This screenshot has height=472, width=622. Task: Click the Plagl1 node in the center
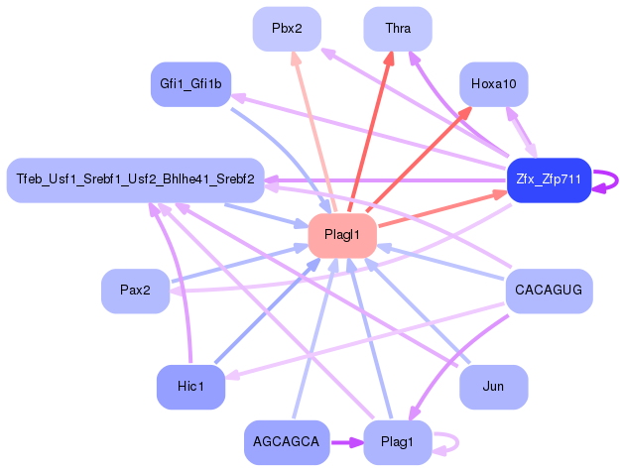342,235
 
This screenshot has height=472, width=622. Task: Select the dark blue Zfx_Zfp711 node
549,179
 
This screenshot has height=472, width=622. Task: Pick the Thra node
398,29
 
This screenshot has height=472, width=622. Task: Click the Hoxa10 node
493,84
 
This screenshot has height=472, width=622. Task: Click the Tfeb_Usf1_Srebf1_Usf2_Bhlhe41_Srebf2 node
135,179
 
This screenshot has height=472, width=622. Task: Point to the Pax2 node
135,291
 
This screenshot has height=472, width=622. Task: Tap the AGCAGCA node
287,441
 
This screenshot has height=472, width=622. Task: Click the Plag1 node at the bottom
398,441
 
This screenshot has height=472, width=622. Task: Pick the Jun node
493,386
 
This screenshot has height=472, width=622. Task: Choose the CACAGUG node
549,291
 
